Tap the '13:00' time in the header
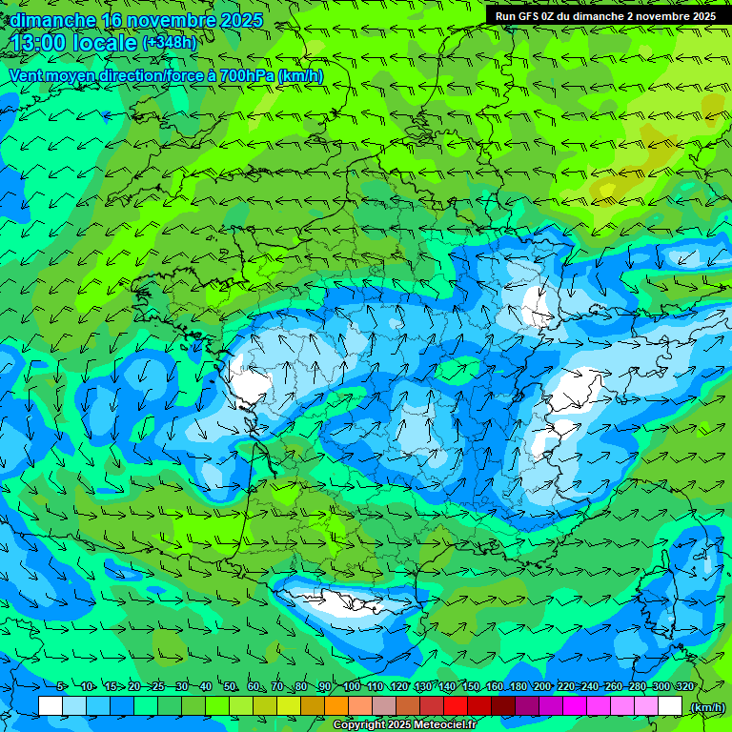tap(39, 43)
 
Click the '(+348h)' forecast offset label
tap(169, 43)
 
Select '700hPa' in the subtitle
tap(245, 76)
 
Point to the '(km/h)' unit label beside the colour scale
tap(706, 706)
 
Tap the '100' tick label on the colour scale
tap(352, 687)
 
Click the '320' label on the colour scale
tap(684, 687)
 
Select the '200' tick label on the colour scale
tap(542, 687)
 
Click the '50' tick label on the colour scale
tap(230, 687)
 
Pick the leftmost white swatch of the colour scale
tap(51, 706)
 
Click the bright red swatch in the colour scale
tap(456, 706)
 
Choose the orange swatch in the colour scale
tap(336, 706)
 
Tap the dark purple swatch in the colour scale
tap(527, 706)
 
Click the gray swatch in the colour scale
tap(384, 706)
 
